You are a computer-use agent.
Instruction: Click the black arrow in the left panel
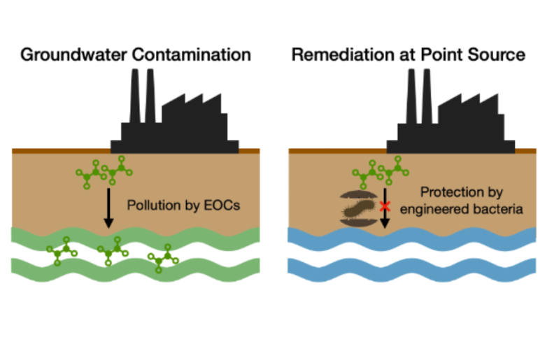(108, 206)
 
